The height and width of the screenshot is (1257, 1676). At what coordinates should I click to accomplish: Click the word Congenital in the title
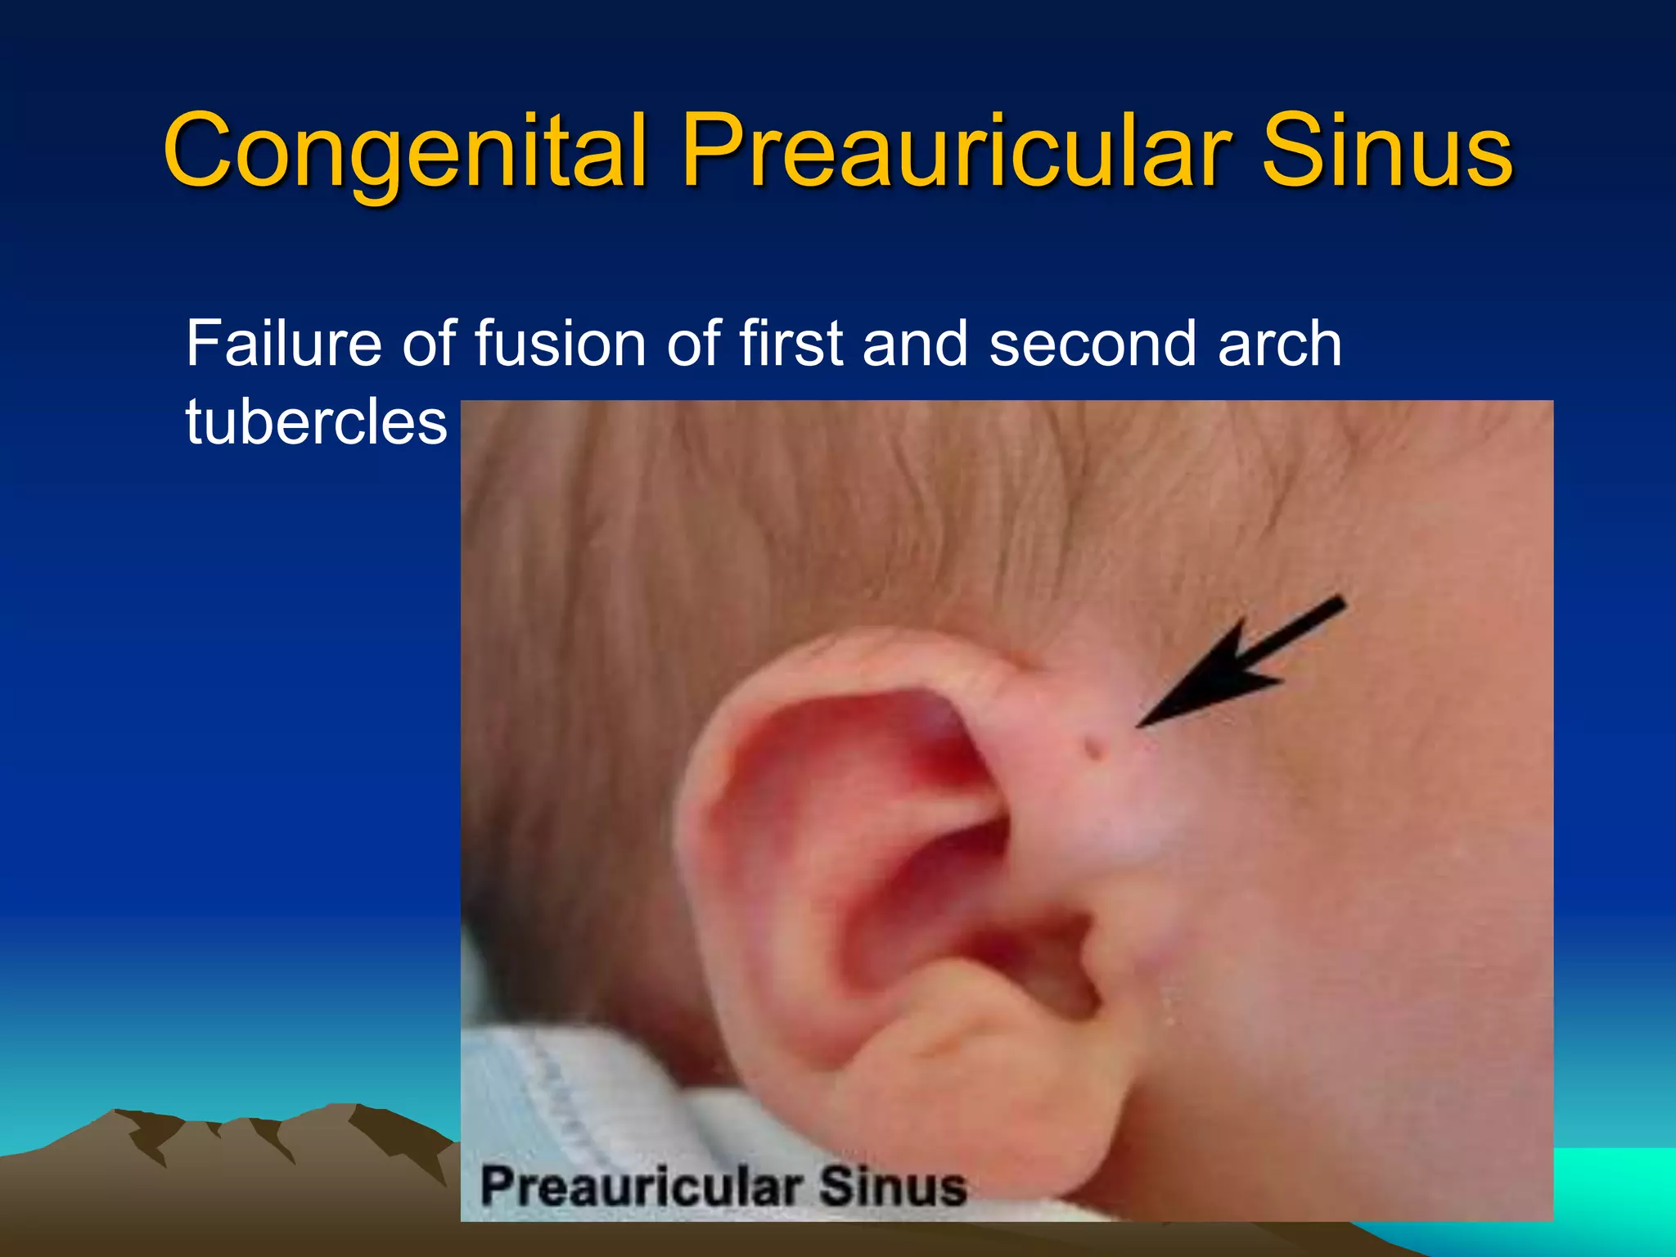[407, 151]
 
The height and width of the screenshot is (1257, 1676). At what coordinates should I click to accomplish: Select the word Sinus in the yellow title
[1387, 151]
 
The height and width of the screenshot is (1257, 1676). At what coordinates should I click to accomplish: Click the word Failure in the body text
[283, 344]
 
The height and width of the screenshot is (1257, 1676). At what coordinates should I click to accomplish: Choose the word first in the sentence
[791, 344]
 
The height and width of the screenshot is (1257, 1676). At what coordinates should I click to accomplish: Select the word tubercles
[316, 422]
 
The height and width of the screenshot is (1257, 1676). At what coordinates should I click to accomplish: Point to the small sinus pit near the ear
[1092, 746]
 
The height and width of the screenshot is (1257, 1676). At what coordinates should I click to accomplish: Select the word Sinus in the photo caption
[893, 1187]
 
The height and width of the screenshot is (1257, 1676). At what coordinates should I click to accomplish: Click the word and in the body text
[915, 344]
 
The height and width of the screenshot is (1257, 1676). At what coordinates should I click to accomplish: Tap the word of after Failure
[427, 344]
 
